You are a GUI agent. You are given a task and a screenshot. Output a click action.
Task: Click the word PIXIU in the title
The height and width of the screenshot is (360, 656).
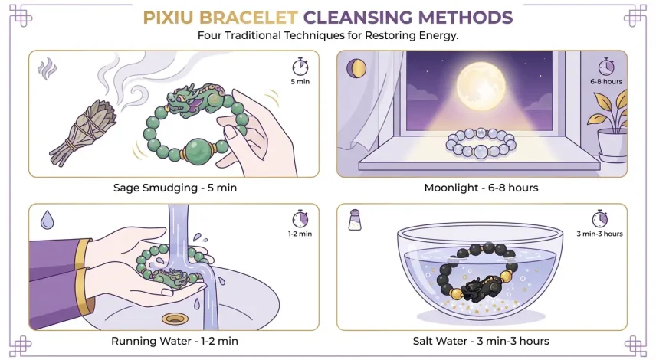[x=169, y=17]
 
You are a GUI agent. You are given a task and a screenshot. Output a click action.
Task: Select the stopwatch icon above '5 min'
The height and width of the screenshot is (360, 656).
[x=300, y=66]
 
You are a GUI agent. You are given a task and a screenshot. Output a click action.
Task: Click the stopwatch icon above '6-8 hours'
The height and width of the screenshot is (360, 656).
[x=605, y=66]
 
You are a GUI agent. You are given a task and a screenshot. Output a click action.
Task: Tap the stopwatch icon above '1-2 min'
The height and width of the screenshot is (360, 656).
[x=300, y=219]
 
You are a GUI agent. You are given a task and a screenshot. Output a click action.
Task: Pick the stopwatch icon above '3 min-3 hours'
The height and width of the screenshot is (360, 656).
[x=599, y=219]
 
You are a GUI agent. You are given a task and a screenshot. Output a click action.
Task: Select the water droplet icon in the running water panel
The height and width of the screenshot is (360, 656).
[x=47, y=221]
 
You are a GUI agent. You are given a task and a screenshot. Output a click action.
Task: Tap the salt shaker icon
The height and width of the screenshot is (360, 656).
[x=355, y=221]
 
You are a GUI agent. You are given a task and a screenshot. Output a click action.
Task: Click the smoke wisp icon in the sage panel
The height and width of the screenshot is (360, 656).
[x=48, y=69]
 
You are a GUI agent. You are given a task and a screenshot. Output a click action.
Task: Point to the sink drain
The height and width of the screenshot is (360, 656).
[x=175, y=319]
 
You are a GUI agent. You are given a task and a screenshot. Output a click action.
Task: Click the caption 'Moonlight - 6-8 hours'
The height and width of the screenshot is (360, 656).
[x=481, y=188]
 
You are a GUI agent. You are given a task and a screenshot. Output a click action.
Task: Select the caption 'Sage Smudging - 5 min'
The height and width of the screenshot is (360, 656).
[x=174, y=188]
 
